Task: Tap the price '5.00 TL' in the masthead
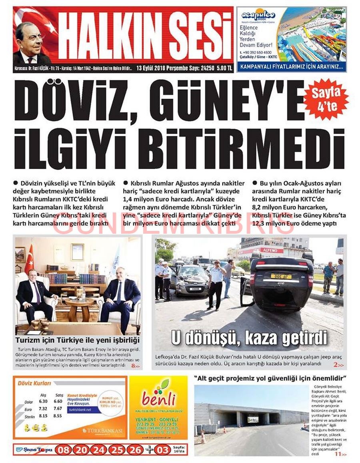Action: [224, 68]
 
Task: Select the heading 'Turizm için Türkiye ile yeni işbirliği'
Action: [77, 340]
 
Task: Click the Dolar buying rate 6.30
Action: [43, 401]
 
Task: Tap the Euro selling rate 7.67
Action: [58, 409]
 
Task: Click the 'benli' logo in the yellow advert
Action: [158, 398]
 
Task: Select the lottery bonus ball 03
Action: [163, 450]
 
